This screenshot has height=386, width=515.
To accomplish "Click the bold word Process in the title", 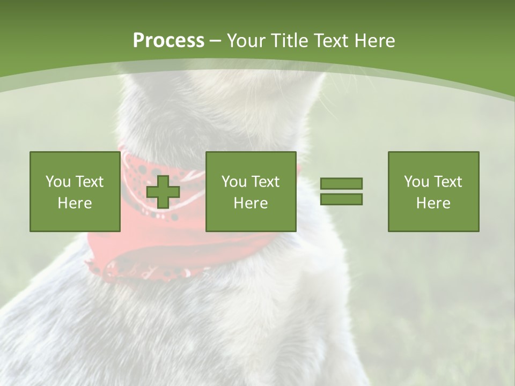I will (x=168, y=41).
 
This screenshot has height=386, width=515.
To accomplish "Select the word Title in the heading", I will (x=289, y=41).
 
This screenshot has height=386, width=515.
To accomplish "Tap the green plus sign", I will (x=163, y=192).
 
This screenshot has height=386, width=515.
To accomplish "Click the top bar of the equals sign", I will (x=341, y=183).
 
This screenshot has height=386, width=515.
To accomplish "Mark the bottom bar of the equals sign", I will (x=341, y=199).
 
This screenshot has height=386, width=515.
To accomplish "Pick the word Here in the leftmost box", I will (x=75, y=203).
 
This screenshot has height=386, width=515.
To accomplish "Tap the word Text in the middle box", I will (x=265, y=182).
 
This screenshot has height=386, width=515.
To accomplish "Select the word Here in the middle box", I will (x=251, y=203).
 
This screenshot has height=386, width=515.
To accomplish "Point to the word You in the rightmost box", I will (x=416, y=182).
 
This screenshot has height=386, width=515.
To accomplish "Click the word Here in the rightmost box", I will (x=433, y=203).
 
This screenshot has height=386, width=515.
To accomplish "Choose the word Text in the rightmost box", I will (x=447, y=182).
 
